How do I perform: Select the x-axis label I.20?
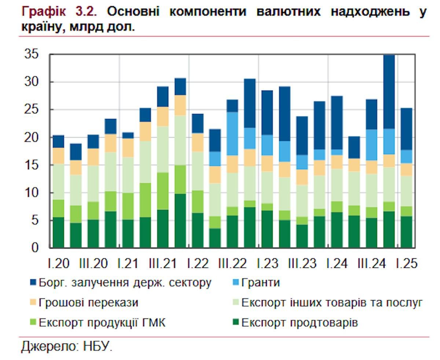click(58, 264)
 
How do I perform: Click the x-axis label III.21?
click(163, 264)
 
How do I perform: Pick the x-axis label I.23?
click(267, 264)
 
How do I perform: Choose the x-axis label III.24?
click(371, 264)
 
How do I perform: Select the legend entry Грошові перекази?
click(88, 303)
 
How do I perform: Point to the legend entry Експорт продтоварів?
click(299, 323)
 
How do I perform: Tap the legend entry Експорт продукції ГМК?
click(102, 323)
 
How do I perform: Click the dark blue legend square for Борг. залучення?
click(33, 283)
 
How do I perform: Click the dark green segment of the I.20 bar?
click(58, 232)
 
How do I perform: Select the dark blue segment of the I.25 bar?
click(406, 129)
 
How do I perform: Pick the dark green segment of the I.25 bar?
click(406, 232)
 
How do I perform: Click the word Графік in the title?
click(44, 12)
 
